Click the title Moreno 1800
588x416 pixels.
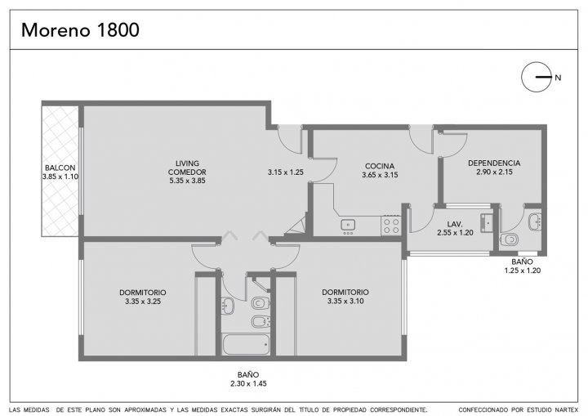(80, 30)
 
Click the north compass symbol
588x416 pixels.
(537, 77)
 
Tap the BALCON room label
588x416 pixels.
(60, 168)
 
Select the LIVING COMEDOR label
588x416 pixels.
(187, 168)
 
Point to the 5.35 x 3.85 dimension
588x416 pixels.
(187, 181)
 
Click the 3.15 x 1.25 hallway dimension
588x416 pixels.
(285, 172)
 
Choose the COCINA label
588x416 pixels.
(380, 166)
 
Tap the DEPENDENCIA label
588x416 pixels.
(494, 163)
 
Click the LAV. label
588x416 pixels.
(455, 224)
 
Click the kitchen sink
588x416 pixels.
(348, 225)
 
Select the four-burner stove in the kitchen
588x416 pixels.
(390, 226)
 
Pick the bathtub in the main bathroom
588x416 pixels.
(246, 344)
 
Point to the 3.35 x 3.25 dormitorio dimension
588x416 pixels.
(143, 301)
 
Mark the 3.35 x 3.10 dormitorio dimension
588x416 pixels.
(345, 301)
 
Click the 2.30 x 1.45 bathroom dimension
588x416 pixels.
(248, 383)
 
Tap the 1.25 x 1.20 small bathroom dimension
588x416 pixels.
(523, 271)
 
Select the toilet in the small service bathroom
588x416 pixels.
(509, 239)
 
